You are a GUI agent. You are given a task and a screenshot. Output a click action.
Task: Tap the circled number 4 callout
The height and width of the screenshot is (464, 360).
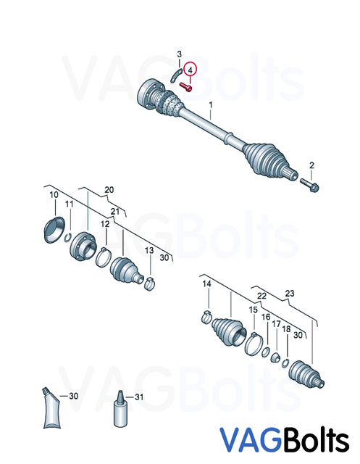tap(191, 70)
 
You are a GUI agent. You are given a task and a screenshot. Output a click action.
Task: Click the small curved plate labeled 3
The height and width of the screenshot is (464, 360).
tap(176, 72)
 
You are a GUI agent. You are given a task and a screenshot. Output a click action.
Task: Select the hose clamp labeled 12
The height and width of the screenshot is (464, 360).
tap(104, 253)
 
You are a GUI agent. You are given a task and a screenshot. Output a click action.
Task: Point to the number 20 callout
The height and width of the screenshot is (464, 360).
tap(109, 190)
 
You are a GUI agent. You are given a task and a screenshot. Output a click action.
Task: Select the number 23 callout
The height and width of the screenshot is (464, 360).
tap(290, 294)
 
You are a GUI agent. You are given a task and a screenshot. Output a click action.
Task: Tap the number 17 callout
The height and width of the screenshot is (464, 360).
tap(275, 324)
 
